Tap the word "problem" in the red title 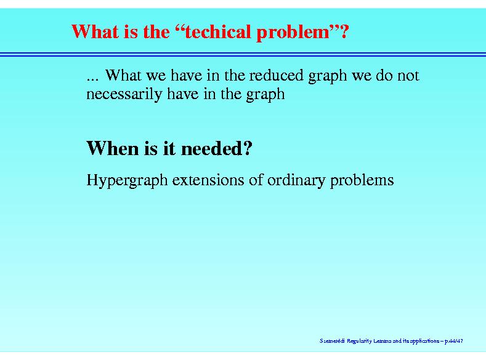pos(293,33)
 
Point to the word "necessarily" pos(124,94)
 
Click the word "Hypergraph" pos(127,180)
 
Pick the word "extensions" pos(208,180)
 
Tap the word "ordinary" pos(296,181)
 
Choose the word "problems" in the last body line pos(362,180)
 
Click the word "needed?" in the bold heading pos(216,148)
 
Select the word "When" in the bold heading pos(113,148)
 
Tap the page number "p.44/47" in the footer pos(454,341)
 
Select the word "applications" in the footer pos(424,342)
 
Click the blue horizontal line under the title pos(243,55)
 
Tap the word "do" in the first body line pos(384,75)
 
